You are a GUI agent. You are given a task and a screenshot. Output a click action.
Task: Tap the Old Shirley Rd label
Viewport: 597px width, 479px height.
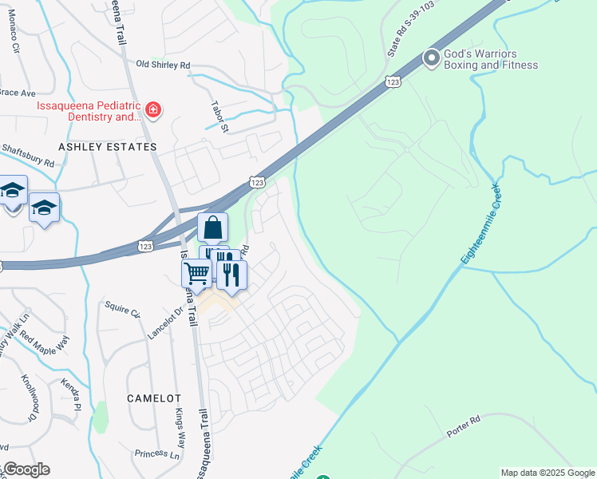164,65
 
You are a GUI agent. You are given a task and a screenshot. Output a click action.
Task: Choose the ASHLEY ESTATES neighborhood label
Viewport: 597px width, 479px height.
107,147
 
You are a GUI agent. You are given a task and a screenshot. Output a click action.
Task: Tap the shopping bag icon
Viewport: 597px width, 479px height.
212,228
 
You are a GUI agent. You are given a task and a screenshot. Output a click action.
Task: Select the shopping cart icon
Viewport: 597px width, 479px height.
196,273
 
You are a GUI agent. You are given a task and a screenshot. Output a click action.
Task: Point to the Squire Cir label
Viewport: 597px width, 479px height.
123,308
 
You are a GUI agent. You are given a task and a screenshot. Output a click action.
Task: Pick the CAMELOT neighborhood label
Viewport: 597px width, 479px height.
155,398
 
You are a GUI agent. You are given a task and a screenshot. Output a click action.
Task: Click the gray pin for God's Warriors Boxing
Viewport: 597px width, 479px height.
432,58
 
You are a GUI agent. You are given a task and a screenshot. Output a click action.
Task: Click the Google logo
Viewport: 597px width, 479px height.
26,469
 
